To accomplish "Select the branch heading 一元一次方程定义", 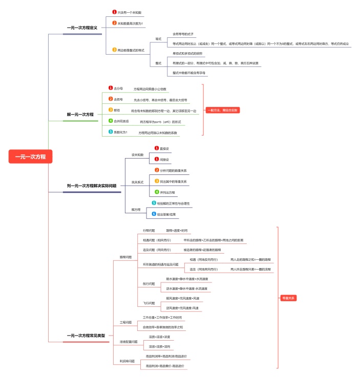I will pos(82,28).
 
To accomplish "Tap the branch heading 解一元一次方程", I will pos(80,115).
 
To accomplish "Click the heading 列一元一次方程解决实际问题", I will pos(92,186).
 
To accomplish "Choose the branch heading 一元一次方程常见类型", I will pos(86,336).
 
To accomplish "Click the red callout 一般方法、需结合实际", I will pos(223,110).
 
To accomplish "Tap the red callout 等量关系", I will pos(288,298).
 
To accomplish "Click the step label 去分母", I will pos(118,88).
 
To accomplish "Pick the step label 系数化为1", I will pos(120,132).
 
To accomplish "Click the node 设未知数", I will pos(138,154).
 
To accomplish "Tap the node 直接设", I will pos(164,148).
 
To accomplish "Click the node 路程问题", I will pos(125,257).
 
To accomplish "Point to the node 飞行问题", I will pos(148,303).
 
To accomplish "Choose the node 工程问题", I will pos(125,323).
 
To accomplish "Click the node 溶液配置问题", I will pos(129,341).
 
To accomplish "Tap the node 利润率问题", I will pos(127,361).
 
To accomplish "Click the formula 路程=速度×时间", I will pos(177,231).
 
